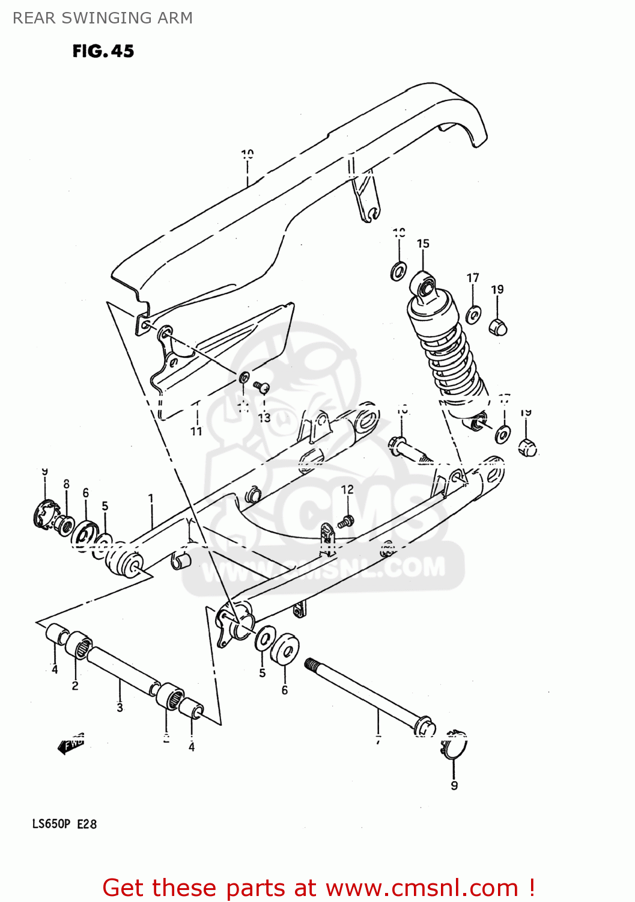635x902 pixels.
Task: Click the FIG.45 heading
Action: click(x=103, y=51)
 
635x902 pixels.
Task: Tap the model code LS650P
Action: click(x=51, y=824)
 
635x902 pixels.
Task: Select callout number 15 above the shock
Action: click(x=423, y=244)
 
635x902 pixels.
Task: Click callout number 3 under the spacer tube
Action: click(x=120, y=708)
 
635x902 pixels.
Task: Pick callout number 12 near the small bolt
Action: click(x=347, y=489)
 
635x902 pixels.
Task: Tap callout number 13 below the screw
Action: click(x=264, y=417)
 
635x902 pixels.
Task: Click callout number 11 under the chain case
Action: click(x=196, y=431)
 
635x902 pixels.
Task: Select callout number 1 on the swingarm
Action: click(x=151, y=499)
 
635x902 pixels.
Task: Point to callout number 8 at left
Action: click(x=66, y=484)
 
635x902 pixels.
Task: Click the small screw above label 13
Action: click(x=261, y=387)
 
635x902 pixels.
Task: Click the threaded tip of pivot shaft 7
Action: click(x=311, y=664)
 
